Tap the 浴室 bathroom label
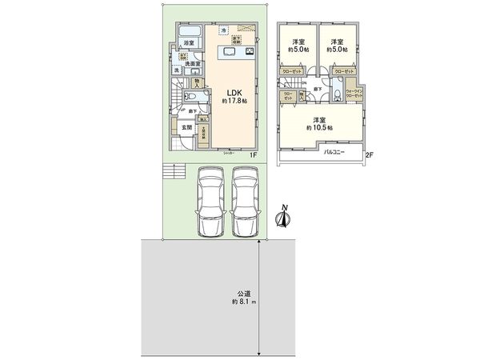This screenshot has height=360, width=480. tap(189, 42)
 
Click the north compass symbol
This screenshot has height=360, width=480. tap(283, 217)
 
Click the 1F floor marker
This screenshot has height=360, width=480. tap(253, 154)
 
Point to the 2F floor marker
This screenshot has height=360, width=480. tap(370, 154)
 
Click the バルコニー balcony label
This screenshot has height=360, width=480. tap(338, 150)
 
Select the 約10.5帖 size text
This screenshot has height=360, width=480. tap(320, 127)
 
